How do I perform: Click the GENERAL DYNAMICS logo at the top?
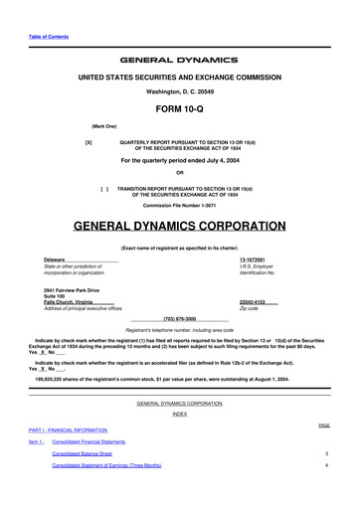(180, 60)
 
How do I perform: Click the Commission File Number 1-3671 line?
(180, 206)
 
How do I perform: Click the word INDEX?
(180, 414)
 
